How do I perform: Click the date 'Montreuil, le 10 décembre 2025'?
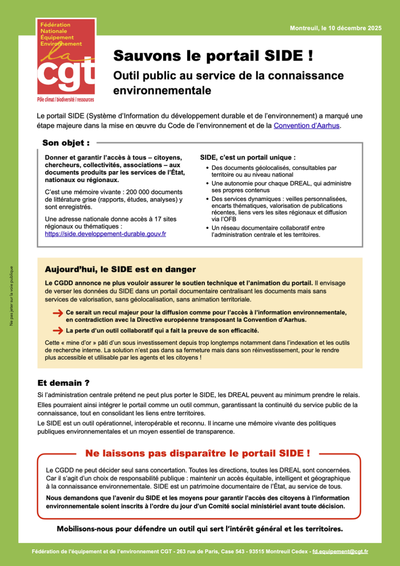point(335,28)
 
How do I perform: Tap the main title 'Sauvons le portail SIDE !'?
point(213,56)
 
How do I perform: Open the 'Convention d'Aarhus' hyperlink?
point(306,126)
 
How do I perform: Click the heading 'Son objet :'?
point(66,143)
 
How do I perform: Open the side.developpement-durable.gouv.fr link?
point(106,234)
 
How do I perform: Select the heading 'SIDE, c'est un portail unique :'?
point(248,157)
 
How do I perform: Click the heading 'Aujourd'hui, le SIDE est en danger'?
point(120,269)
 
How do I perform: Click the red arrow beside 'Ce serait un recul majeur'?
point(58,314)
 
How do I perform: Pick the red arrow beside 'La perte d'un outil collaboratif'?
point(58,331)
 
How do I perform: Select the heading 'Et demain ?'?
point(63,383)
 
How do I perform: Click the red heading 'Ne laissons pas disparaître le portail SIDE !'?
point(197,453)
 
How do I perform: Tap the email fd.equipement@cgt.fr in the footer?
point(340,552)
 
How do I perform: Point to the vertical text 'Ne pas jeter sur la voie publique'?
point(11,296)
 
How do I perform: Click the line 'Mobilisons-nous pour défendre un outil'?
point(200,529)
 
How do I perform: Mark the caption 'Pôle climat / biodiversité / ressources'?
point(66,100)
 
